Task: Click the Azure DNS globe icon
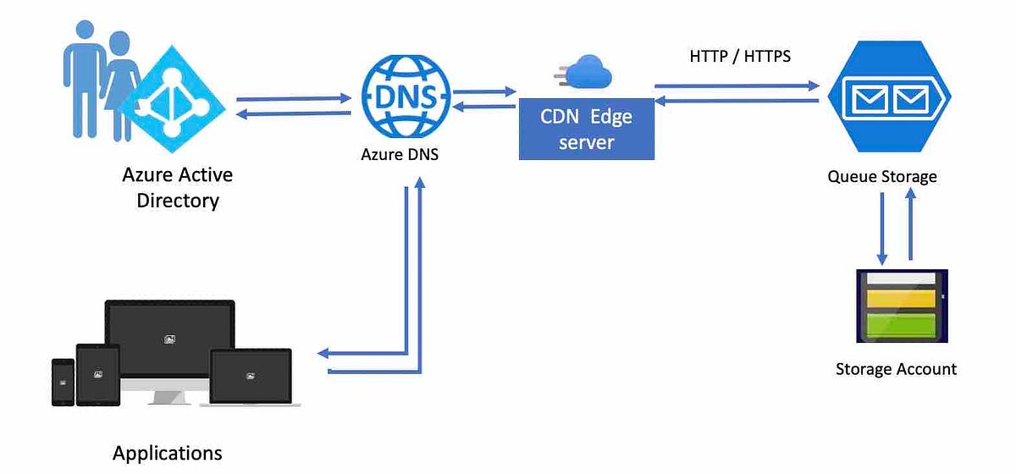406,96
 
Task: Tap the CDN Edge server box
587,129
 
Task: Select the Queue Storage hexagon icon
890,96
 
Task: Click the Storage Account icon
902,306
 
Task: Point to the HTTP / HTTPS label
740,56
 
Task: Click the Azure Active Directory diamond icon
172,99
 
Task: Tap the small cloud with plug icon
583,72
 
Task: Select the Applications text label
168,453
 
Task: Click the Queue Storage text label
882,176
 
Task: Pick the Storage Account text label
897,369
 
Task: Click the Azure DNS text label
400,154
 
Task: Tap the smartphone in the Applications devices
63,382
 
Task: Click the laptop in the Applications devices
251,378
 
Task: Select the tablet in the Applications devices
98,375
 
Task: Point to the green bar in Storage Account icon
901,325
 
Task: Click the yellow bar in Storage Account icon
901,299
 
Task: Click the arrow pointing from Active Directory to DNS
294,98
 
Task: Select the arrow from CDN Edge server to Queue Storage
737,85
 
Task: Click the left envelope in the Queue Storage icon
870,99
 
